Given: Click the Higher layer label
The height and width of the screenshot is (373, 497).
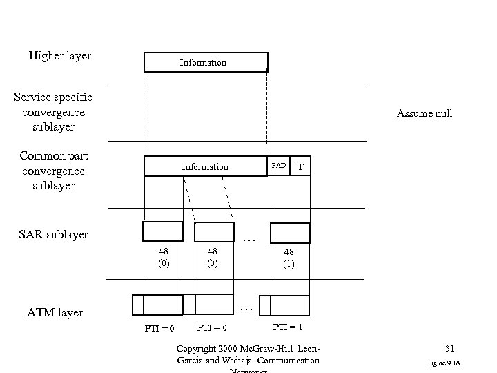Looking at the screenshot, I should click(59, 55).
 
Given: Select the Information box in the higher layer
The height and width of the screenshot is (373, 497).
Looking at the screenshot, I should click(205, 62).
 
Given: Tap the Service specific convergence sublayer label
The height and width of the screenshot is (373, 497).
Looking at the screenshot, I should click(53, 112).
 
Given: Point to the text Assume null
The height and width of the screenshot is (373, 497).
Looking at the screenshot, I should click(425, 113).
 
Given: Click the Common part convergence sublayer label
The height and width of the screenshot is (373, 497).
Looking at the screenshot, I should click(53, 171).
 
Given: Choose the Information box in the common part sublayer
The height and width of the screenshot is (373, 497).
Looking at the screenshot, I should click(205, 166).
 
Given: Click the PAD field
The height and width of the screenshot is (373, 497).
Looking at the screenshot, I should click(279, 166).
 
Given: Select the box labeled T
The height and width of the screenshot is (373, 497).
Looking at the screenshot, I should click(301, 166).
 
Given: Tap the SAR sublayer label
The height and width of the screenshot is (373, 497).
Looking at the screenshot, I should click(54, 234).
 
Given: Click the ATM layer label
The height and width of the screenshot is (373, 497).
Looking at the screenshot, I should click(55, 312).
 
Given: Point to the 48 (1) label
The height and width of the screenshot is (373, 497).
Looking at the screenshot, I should click(289, 258).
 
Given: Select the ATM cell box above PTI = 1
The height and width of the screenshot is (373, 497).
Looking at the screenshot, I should click(290, 305).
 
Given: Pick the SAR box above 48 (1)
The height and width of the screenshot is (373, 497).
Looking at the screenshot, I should click(290, 232).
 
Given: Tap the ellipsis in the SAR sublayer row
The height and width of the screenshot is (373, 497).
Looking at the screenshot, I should click(250, 239).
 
